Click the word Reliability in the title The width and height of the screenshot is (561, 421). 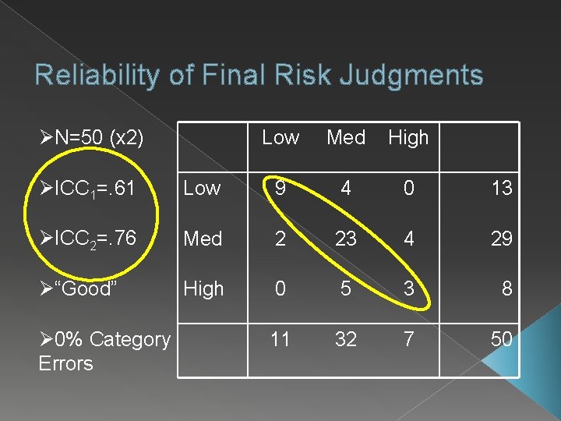pyautogui.click(x=91, y=76)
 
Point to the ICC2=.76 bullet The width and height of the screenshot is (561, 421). pyautogui.click(x=87, y=239)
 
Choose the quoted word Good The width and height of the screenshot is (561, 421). pyautogui.click(x=78, y=288)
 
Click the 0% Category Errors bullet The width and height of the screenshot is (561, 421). pyautogui.click(x=104, y=351)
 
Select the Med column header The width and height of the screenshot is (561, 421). pyautogui.click(x=346, y=138)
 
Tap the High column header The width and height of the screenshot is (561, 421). pyautogui.click(x=408, y=138)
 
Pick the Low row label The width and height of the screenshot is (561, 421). pyautogui.click(x=202, y=188)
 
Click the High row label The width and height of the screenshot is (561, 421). pyautogui.click(x=203, y=288)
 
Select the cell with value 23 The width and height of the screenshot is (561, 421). pyautogui.click(x=345, y=239)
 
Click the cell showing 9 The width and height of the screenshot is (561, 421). pyautogui.click(x=280, y=188)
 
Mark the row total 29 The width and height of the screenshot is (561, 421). pyautogui.click(x=502, y=239)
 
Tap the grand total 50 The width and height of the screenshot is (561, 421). pyautogui.click(x=502, y=339)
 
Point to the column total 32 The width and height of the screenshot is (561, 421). pyautogui.click(x=345, y=339)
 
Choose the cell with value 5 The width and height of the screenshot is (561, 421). pyautogui.click(x=345, y=288)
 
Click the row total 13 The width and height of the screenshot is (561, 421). pyautogui.click(x=502, y=188)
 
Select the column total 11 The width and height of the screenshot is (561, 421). pyautogui.click(x=280, y=339)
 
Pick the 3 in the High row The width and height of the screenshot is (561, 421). pyautogui.click(x=408, y=288)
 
